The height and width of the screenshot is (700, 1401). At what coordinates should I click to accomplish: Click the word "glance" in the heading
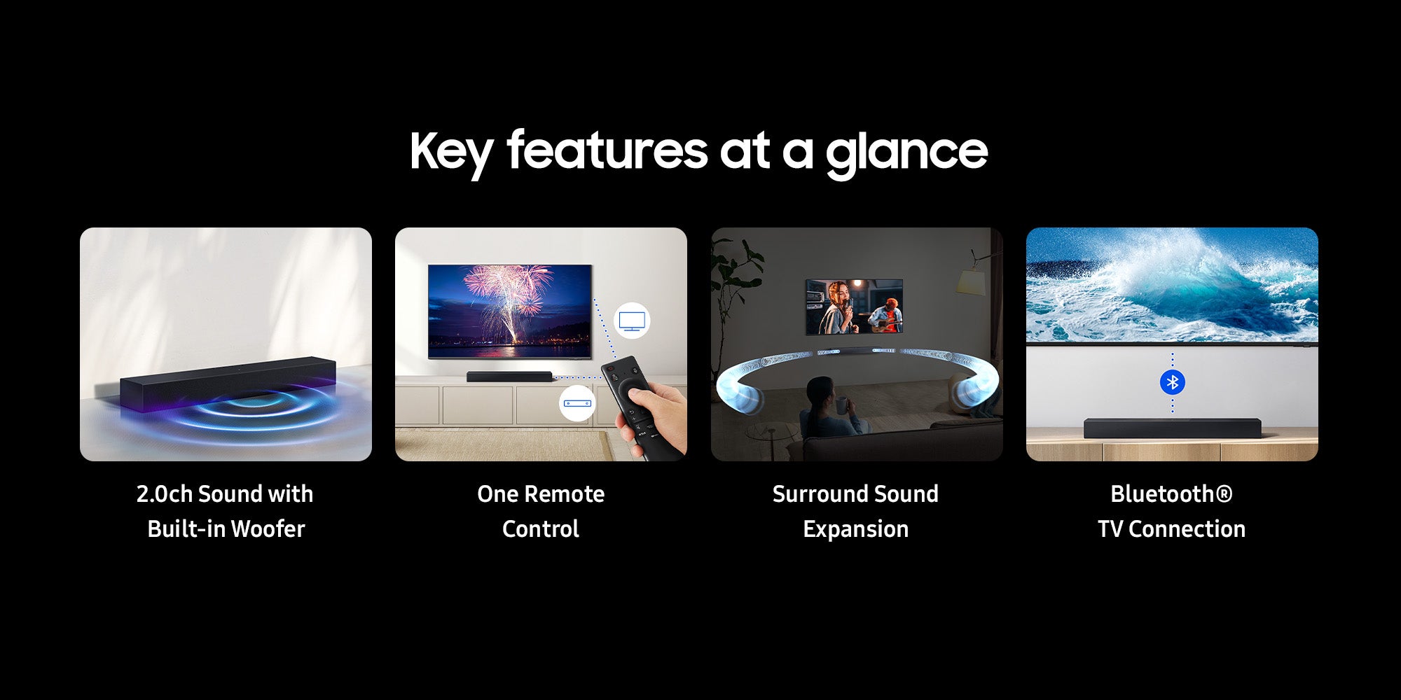pyautogui.click(x=906, y=153)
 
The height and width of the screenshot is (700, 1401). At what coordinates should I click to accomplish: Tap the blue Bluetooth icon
pyautogui.click(x=1172, y=382)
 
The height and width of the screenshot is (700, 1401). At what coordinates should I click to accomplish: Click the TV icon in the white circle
pyautogui.click(x=632, y=321)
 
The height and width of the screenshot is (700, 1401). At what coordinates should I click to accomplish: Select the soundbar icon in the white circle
pyautogui.click(x=577, y=403)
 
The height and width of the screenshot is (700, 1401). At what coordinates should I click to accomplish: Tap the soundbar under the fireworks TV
pyautogui.click(x=509, y=377)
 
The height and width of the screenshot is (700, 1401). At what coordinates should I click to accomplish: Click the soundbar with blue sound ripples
pyautogui.click(x=228, y=384)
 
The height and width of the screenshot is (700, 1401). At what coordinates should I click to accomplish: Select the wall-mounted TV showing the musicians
pyautogui.click(x=854, y=307)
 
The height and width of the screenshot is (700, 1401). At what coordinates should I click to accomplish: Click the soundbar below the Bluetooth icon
pyautogui.click(x=1172, y=428)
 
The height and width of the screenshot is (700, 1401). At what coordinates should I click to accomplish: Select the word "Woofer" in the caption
pyautogui.click(x=268, y=529)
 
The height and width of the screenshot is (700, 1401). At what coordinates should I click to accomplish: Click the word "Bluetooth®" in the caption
pyautogui.click(x=1171, y=494)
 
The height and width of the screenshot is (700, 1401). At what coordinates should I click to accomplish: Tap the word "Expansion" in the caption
pyautogui.click(x=856, y=530)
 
